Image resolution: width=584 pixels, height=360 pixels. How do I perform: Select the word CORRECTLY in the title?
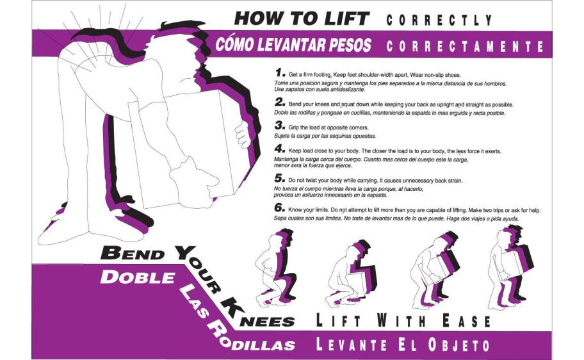point(439,20)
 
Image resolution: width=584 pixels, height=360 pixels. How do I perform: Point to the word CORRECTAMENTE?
point(465,46)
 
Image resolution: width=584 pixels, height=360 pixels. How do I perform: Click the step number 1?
point(280,72)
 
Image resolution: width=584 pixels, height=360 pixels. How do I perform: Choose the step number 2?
point(280,102)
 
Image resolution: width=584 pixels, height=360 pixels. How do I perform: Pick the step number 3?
point(280,125)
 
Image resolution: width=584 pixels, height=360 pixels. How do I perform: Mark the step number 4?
point(280,149)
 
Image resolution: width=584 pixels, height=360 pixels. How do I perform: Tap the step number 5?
point(280,178)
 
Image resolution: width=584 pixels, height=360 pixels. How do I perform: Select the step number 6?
point(280,207)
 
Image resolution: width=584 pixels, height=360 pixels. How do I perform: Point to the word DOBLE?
point(138,277)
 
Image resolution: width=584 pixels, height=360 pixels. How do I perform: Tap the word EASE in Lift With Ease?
point(466,320)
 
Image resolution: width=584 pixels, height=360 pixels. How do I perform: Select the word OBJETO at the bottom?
point(458,345)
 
